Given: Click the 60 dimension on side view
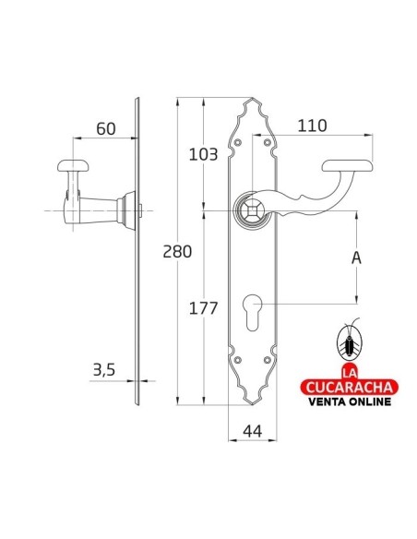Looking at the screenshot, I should coord(104,128).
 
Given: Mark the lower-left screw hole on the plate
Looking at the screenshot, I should coord(239,361).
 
